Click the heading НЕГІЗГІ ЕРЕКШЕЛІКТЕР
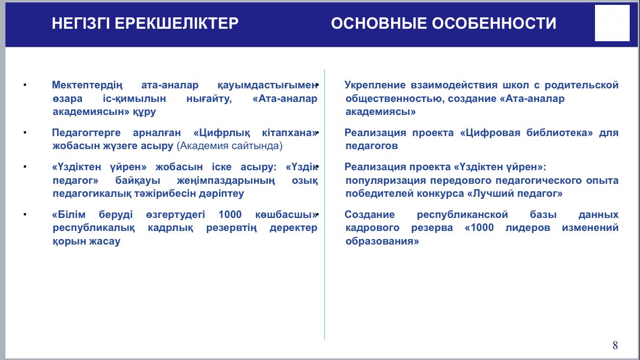click(x=145, y=23)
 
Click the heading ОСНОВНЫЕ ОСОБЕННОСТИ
click(x=443, y=23)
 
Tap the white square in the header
click(x=612, y=23)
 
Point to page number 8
click(x=615, y=345)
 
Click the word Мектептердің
click(x=87, y=85)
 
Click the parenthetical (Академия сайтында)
click(x=229, y=146)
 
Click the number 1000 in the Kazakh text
click(x=230, y=214)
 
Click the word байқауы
click(x=138, y=181)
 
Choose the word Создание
click(x=369, y=214)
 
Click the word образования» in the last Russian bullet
click(x=382, y=241)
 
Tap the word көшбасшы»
click(x=286, y=214)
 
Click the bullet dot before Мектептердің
click(x=25, y=85)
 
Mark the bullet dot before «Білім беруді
click(x=25, y=214)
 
